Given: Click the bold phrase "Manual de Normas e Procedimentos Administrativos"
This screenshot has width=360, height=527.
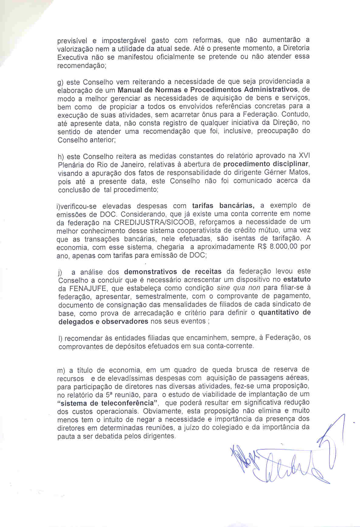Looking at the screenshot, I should (207, 90).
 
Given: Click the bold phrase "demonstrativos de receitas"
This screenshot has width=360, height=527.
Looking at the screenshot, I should (173, 271).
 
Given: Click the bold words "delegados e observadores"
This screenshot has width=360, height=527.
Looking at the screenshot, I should (103, 322).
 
